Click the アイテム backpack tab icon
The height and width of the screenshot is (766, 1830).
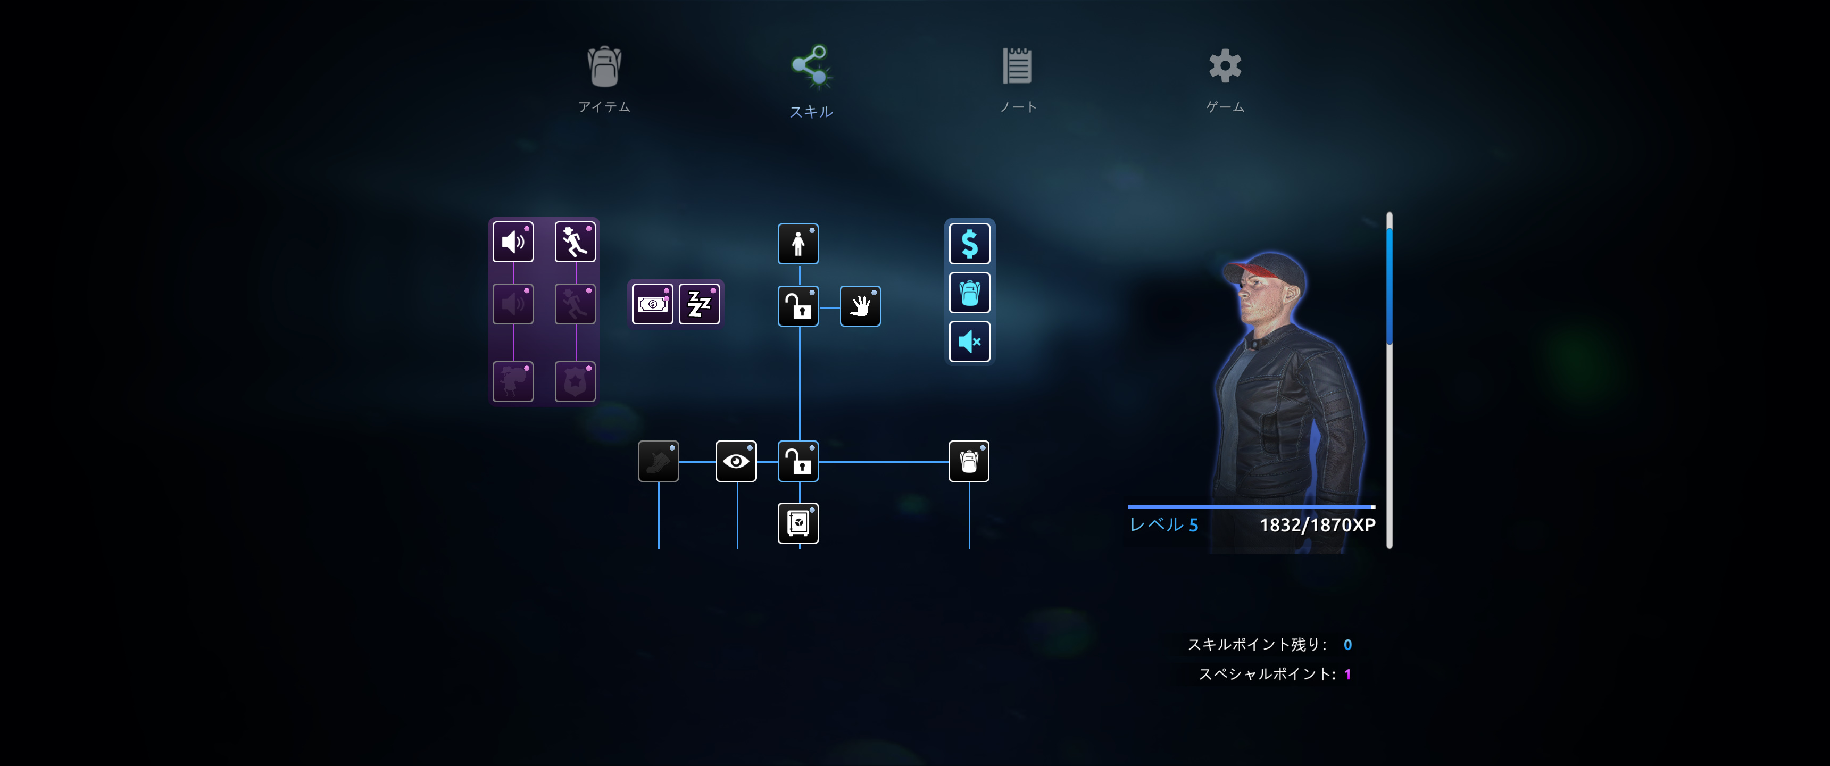(604, 66)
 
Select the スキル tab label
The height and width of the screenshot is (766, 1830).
(811, 112)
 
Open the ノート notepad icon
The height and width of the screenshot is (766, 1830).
(1017, 65)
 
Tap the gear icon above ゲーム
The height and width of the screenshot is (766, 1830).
(1226, 65)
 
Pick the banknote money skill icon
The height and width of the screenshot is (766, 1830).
(653, 304)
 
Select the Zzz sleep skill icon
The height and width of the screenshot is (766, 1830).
(699, 304)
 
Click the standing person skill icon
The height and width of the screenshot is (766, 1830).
(798, 244)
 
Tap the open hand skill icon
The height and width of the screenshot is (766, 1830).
(860, 306)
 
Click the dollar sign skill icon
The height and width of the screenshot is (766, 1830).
(970, 244)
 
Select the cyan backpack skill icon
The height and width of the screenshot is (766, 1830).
(970, 293)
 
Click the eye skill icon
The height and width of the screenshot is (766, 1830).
(736, 461)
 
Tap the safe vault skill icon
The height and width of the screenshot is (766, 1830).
(798, 523)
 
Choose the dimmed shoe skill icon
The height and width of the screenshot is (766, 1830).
(659, 461)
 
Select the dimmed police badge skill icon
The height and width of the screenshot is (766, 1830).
(575, 381)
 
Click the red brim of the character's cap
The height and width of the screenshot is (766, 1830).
(1254, 270)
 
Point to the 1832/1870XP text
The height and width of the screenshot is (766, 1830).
(1318, 525)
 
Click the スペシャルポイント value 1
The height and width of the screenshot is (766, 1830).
(1347, 675)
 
